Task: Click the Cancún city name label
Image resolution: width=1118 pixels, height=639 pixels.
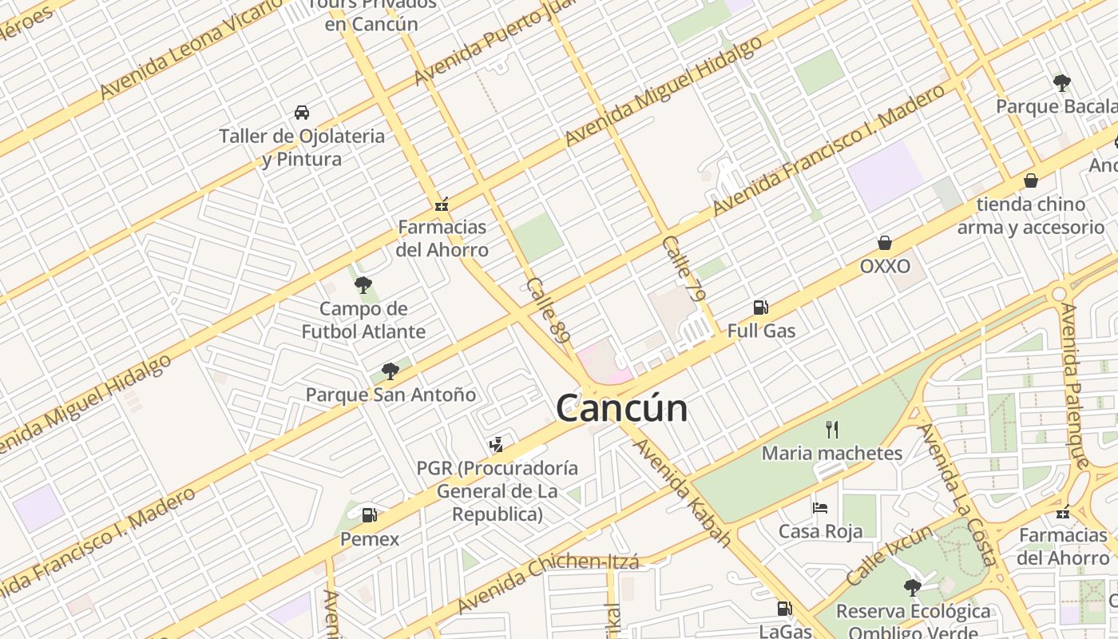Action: pyautogui.click(x=621, y=408)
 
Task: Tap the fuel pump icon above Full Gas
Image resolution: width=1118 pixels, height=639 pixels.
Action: pyautogui.click(x=760, y=307)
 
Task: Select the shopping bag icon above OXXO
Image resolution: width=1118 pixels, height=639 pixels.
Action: pyautogui.click(x=885, y=243)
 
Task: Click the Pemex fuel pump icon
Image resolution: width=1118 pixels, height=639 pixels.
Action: pyautogui.click(x=369, y=515)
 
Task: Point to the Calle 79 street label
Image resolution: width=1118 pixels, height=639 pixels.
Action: pyautogui.click(x=685, y=268)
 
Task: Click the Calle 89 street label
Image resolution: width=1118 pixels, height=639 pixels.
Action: pyautogui.click(x=549, y=312)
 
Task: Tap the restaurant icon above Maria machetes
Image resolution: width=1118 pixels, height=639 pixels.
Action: pyautogui.click(x=832, y=430)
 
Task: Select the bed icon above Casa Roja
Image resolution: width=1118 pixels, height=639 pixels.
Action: pyautogui.click(x=820, y=507)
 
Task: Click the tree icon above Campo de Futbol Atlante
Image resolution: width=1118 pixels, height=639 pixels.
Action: pyautogui.click(x=363, y=284)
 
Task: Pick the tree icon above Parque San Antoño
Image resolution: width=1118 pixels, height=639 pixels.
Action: pyautogui.click(x=390, y=371)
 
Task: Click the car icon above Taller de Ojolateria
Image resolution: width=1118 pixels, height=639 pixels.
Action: pyautogui.click(x=302, y=112)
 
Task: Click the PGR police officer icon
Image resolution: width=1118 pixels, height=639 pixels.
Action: pyautogui.click(x=497, y=444)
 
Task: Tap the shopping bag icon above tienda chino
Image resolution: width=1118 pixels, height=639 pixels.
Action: pyautogui.click(x=1031, y=181)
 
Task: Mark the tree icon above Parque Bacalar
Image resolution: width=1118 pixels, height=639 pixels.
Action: pyautogui.click(x=1061, y=82)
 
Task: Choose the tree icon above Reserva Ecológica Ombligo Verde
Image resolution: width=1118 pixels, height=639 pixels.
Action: pyautogui.click(x=912, y=588)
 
